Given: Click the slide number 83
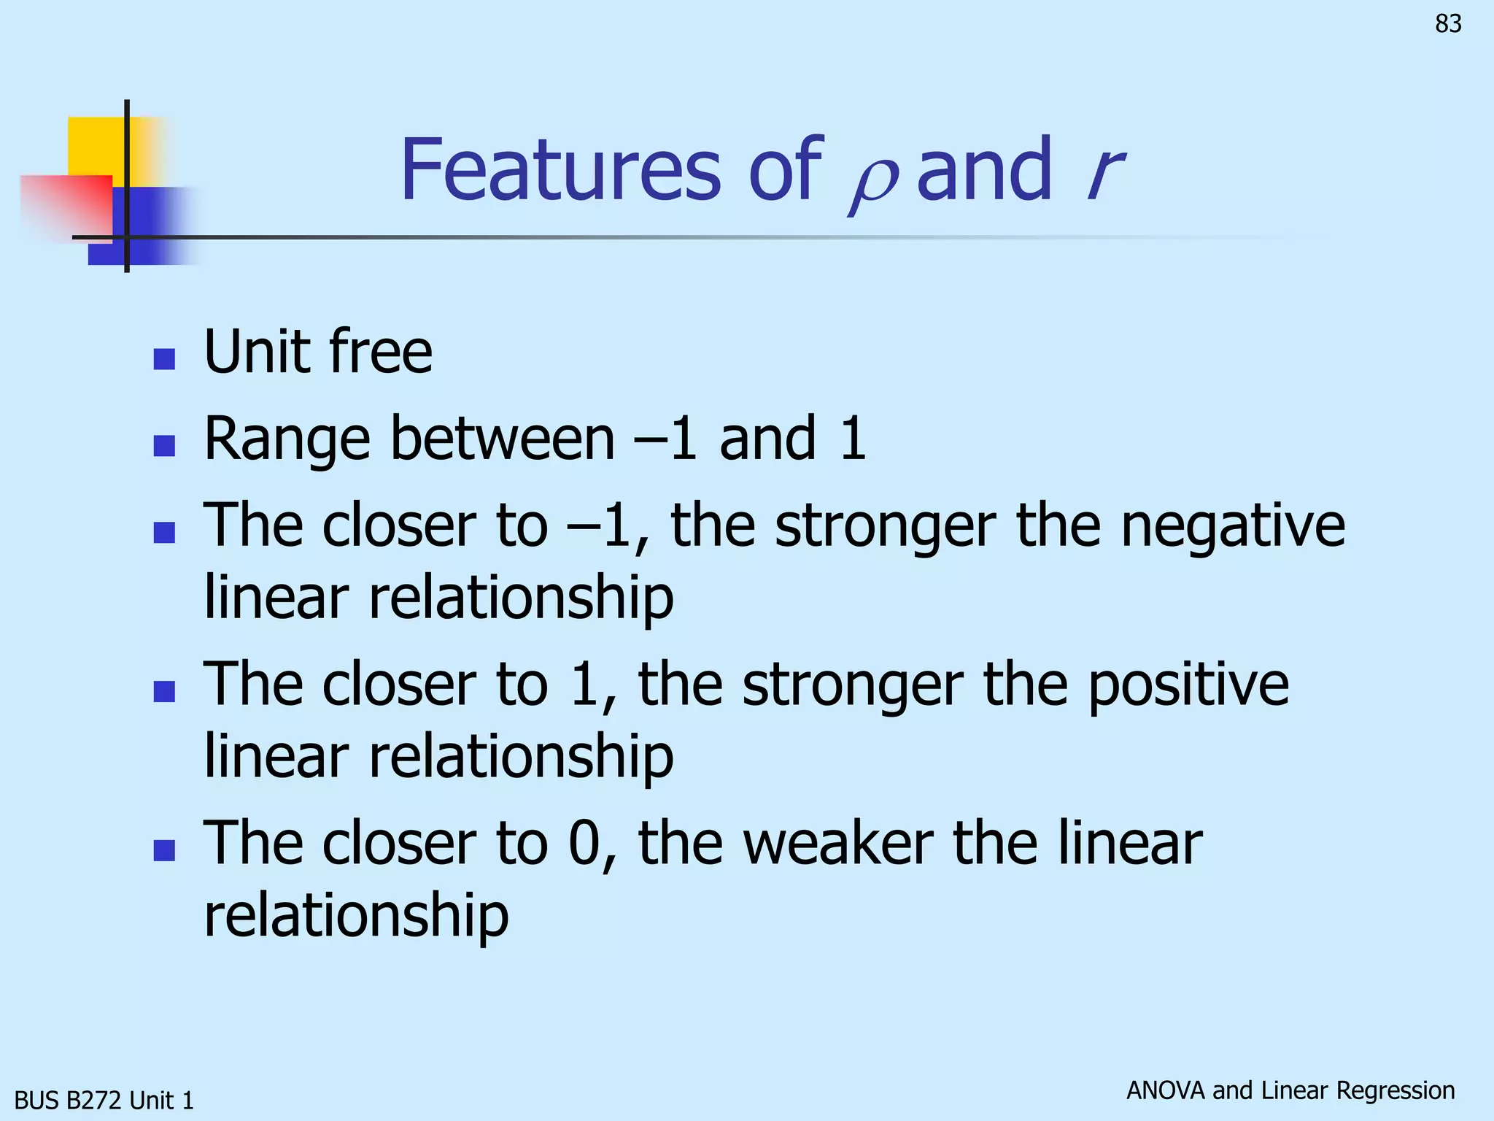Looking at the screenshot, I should pos(1448,24).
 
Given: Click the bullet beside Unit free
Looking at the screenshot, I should pos(164,359).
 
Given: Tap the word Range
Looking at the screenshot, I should pos(287,440).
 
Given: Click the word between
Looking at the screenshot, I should pos(503,439).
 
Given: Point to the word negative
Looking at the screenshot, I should pos(1232,525).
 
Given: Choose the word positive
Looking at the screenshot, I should pos(1188,684).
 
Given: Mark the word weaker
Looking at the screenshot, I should pos(838,843).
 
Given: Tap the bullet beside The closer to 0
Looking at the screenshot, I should pos(164,850).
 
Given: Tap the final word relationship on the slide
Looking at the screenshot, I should pos(356,916).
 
